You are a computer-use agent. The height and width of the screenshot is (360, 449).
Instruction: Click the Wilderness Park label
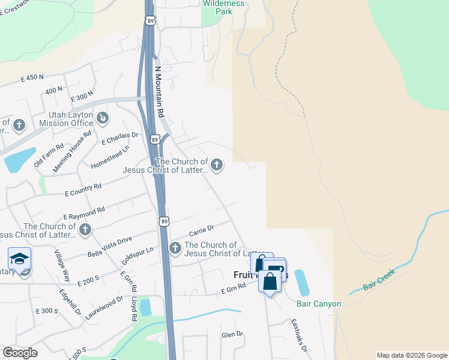224,7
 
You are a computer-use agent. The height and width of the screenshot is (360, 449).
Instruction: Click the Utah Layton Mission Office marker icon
103,118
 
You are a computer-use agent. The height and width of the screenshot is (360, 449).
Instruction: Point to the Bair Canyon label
319,304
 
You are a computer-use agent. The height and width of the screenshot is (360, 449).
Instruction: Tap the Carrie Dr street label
201,229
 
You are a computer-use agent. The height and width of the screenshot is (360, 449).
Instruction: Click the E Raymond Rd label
84,212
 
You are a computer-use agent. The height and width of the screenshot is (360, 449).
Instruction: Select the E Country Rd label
83,190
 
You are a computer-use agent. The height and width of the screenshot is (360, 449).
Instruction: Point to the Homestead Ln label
110,157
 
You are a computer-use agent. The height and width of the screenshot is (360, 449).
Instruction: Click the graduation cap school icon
19,259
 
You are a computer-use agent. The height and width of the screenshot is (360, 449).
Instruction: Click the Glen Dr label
232,334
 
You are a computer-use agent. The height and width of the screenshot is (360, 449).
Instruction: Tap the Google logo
20,353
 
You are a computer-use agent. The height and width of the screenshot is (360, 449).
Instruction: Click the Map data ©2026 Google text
411,355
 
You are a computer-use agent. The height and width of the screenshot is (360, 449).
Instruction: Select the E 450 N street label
32,77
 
